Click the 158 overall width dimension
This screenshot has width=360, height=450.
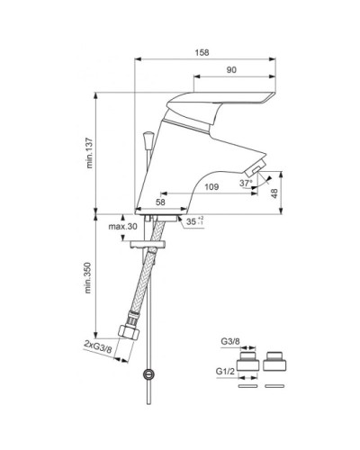(x=202, y=52)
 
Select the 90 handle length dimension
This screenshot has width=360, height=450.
(x=231, y=70)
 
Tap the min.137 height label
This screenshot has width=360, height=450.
(x=89, y=153)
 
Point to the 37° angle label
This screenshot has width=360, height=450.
(x=246, y=183)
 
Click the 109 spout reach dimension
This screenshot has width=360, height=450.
(x=211, y=187)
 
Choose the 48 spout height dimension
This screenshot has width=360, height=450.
(x=274, y=193)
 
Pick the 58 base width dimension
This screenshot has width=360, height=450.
(x=160, y=202)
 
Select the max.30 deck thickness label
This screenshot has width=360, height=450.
(x=122, y=226)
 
